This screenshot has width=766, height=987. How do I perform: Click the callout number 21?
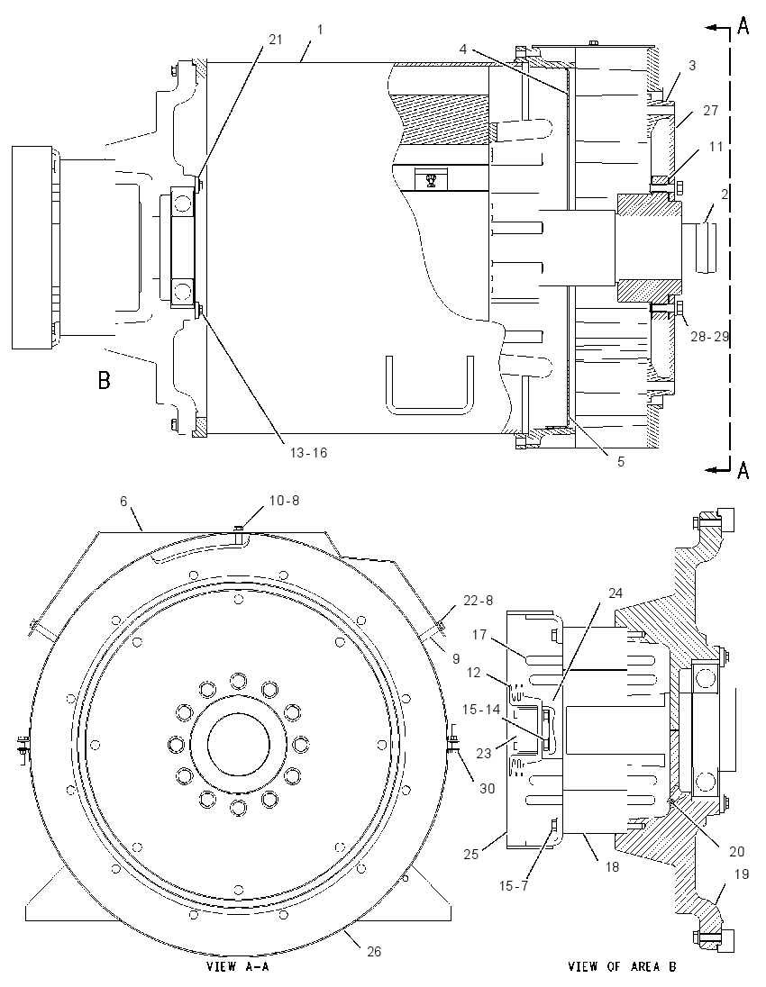(x=275, y=39)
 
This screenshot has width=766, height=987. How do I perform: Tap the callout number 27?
(x=710, y=111)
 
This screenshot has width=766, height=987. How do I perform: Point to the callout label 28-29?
(x=710, y=337)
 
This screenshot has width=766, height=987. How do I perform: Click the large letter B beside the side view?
(x=104, y=380)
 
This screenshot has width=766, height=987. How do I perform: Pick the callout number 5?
(x=621, y=461)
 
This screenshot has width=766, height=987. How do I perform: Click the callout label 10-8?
(x=284, y=501)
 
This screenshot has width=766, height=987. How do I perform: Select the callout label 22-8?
(x=478, y=601)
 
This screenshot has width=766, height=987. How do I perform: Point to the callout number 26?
(x=374, y=951)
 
